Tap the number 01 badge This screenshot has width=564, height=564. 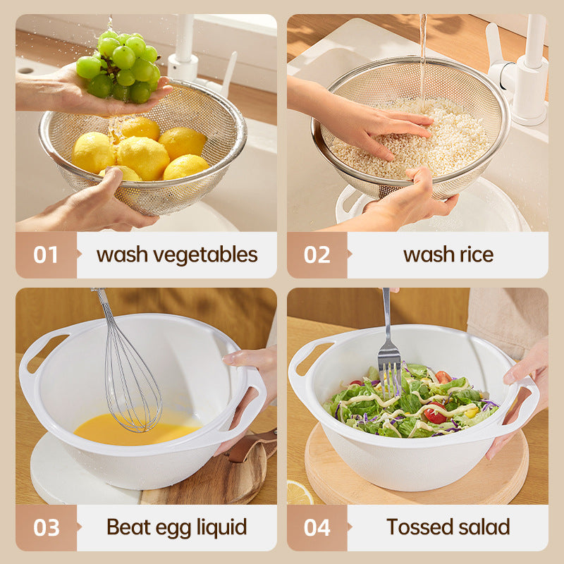point(46,255)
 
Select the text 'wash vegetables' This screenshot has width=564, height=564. point(177,255)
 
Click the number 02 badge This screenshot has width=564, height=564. point(317,255)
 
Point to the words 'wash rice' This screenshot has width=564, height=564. point(448,255)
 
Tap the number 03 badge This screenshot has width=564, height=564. point(46,527)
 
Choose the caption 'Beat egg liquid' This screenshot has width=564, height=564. point(177,527)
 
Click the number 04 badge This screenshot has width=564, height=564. point(317,527)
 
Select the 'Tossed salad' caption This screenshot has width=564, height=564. point(448,527)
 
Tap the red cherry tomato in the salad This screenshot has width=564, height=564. point(434,415)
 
